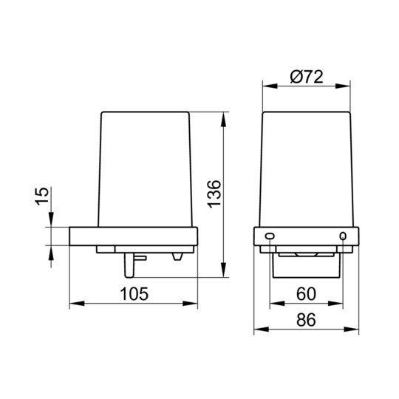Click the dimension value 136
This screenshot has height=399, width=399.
(x=214, y=194)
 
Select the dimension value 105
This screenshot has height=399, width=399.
(x=134, y=294)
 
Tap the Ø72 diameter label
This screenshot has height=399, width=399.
(x=307, y=77)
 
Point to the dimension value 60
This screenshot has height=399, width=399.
(x=307, y=293)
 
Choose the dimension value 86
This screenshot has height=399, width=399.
(x=306, y=320)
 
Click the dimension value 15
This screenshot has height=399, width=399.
(x=41, y=197)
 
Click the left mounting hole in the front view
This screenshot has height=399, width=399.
(x=270, y=236)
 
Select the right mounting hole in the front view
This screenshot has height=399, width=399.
(x=343, y=236)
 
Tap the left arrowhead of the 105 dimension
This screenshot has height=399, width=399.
(x=77, y=304)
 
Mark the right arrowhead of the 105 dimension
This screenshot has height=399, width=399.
(x=190, y=304)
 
